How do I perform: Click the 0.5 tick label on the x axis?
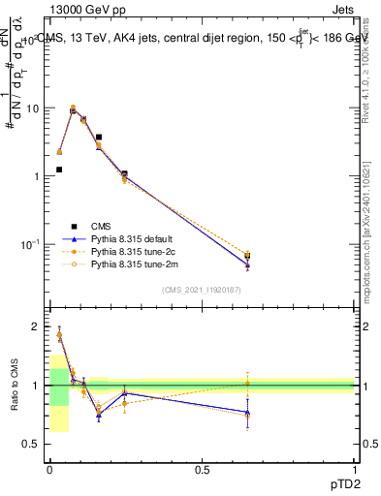point(202,469)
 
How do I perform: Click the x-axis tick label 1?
point(355,469)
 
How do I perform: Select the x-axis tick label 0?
point(49,469)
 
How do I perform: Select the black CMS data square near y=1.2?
point(59,170)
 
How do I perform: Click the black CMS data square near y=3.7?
point(99,138)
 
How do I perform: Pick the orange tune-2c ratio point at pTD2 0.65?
point(247,383)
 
